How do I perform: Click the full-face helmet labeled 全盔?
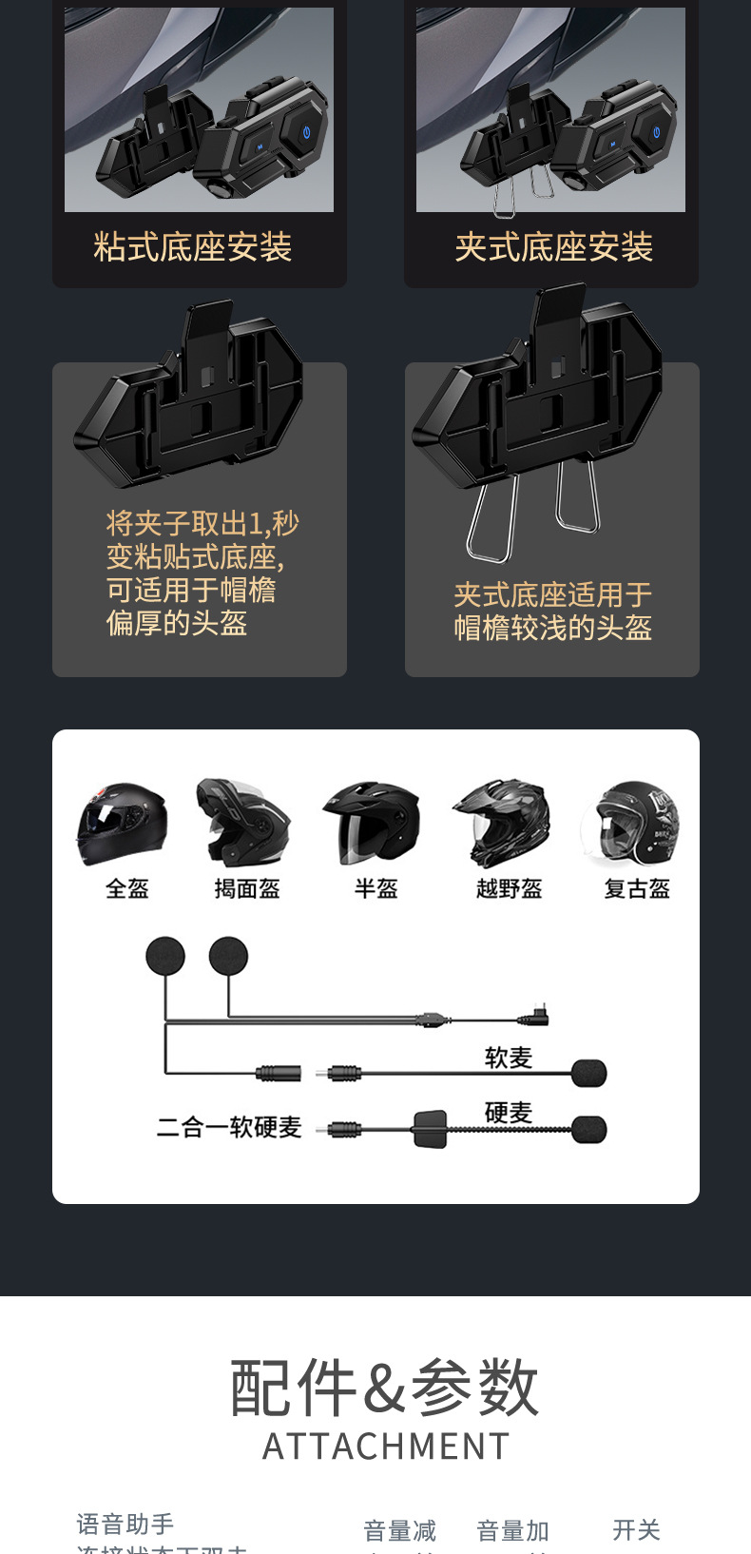click(x=123, y=824)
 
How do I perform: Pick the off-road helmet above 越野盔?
click(x=502, y=822)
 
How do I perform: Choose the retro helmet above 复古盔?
click(x=632, y=824)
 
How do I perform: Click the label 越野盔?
click(x=509, y=889)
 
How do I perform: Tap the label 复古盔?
click(x=637, y=889)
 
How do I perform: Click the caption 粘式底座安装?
click(x=193, y=247)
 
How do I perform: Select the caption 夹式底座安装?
click(x=553, y=247)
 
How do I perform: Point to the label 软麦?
click(x=509, y=1058)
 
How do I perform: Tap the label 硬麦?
click(x=509, y=1112)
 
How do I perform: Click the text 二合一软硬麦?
click(x=229, y=1127)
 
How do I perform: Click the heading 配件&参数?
click(x=384, y=1388)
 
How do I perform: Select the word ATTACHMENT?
click(x=386, y=1447)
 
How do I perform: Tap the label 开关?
click(x=636, y=1530)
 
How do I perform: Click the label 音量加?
click(x=512, y=1531)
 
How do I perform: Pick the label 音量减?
click(x=399, y=1531)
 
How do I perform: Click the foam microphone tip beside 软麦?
click(x=589, y=1074)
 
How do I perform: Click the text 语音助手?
click(x=125, y=1525)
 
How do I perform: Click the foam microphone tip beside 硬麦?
click(x=589, y=1130)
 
